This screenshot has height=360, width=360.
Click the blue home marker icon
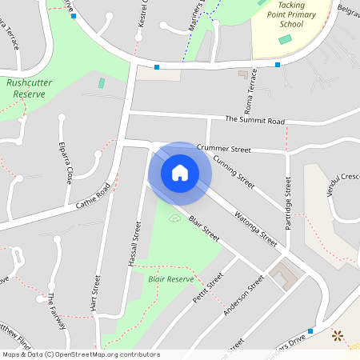coord(180,172)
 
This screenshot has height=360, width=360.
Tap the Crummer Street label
coord(224,149)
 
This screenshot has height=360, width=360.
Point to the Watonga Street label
coord(255,228)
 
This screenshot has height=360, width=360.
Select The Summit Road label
coord(254,121)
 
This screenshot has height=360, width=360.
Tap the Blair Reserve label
coord(171,279)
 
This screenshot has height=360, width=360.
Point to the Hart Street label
coord(97,294)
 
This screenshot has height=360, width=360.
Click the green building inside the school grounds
coord(286,39)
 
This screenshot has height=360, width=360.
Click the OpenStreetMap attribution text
coord(80,354)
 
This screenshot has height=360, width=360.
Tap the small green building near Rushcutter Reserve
coord(102,83)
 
